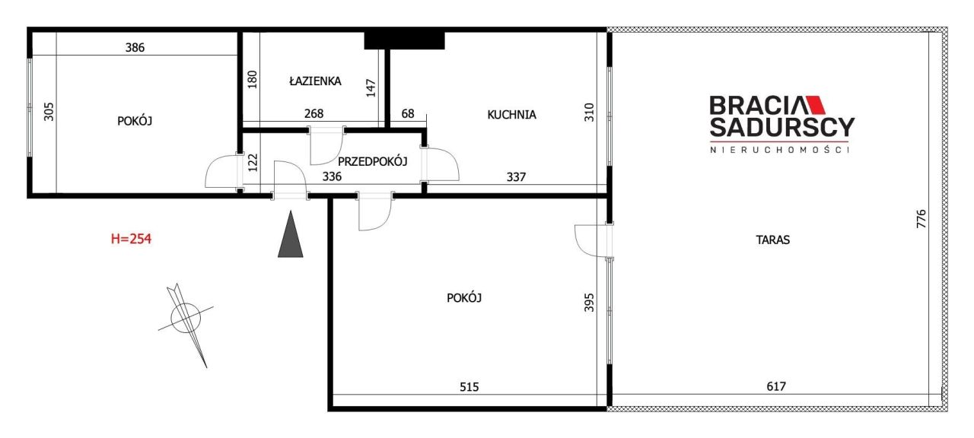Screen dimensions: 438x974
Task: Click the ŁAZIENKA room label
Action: [315, 81]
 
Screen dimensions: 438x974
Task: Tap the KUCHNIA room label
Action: [511, 115]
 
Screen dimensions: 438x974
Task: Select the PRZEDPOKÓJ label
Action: [373, 161]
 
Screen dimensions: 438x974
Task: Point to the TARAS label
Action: [772, 240]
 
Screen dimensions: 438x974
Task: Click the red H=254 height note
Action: [132, 239]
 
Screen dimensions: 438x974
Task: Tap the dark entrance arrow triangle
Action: [290, 234]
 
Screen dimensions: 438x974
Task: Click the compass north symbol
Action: [186, 316]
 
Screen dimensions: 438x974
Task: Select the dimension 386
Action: [135, 47]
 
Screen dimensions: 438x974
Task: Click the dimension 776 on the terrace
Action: [921, 221]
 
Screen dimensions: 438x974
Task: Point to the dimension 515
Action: [469, 386]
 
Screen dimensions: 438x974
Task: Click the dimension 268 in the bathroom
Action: [314, 114]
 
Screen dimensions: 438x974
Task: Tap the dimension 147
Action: [371, 89]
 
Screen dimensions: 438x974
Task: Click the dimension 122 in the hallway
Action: [253, 162]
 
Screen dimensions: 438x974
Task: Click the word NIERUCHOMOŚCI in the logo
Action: [780, 150]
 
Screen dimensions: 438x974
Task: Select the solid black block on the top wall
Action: [404, 40]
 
